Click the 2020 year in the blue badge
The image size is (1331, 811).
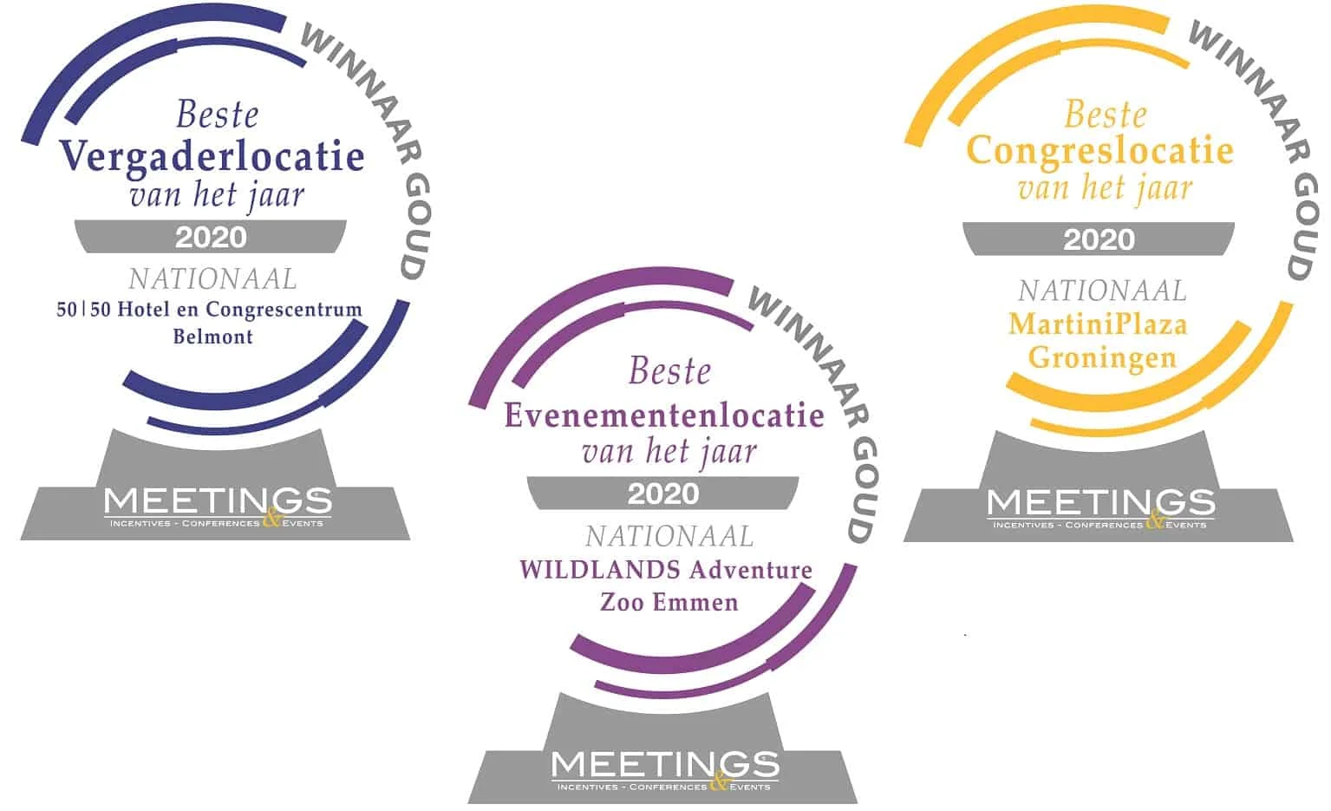point(211,238)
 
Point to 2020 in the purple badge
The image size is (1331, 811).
point(663,494)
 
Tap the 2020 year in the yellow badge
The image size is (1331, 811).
point(1099,239)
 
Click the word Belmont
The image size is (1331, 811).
point(212,337)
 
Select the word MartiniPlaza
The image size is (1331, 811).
point(1098,324)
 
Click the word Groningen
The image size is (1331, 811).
point(1102,358)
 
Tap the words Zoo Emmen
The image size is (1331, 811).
point(669,602)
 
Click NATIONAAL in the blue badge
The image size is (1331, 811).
point(212,278)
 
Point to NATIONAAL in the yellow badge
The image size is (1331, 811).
point(1102,291)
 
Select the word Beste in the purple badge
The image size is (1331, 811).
point(669,371)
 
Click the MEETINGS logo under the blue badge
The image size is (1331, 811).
point(218,507)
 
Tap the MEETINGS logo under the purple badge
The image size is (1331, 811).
point(665,770)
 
